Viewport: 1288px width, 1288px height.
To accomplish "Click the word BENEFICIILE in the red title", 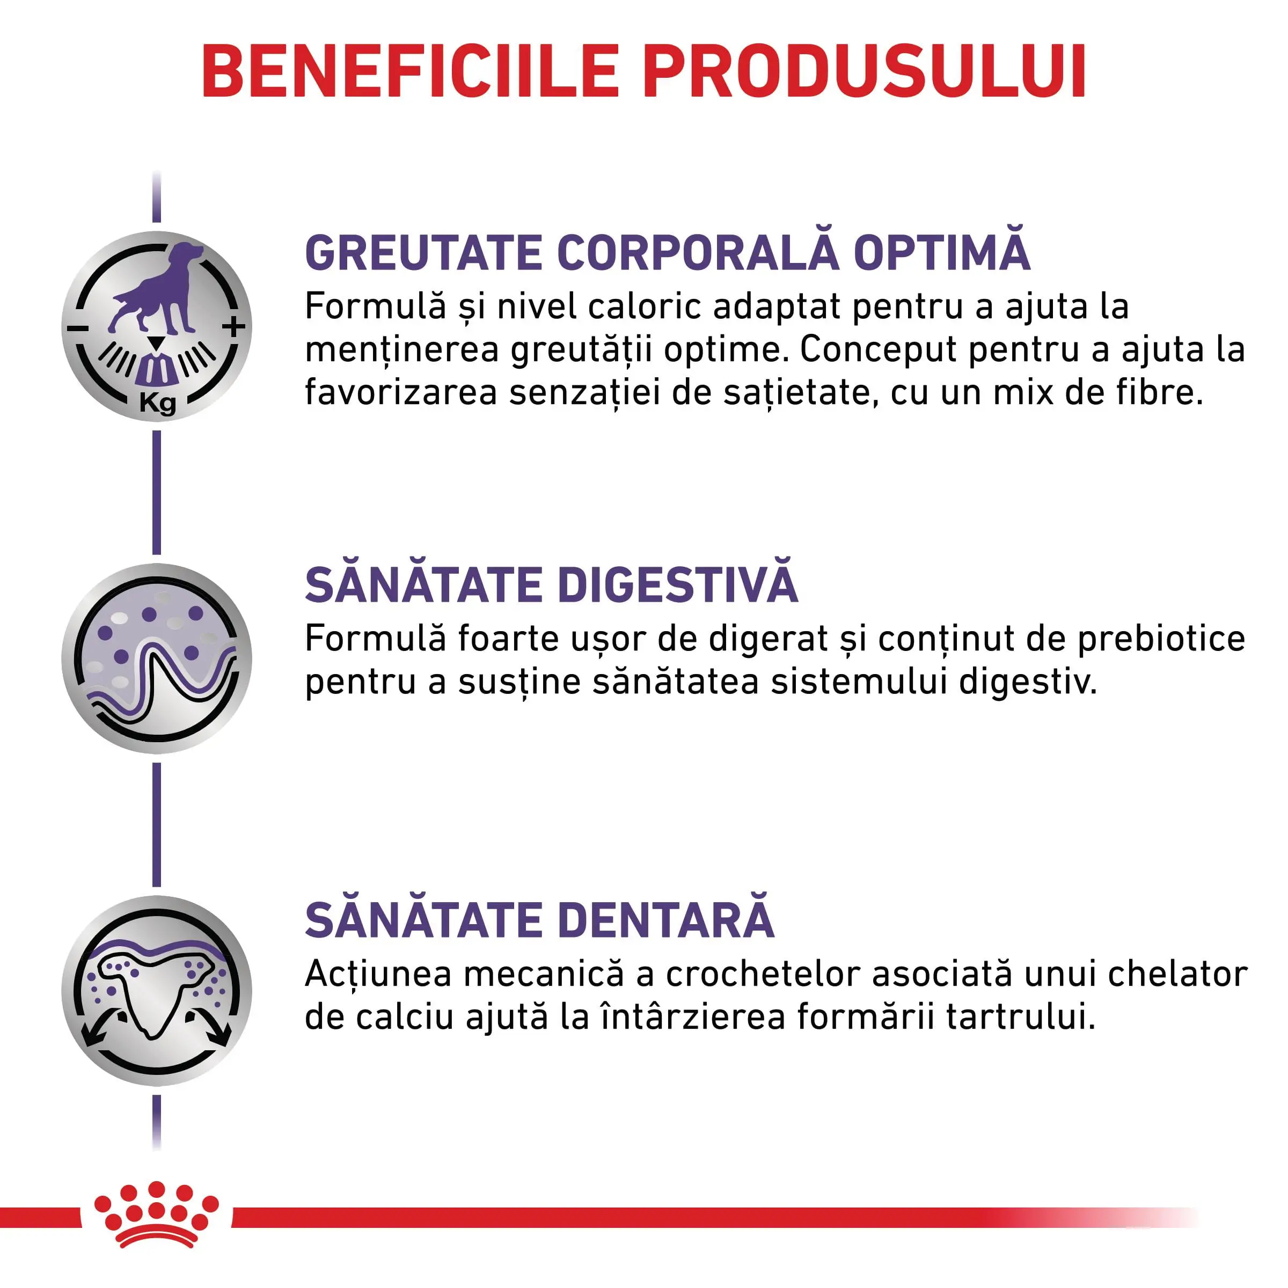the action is point(411,72).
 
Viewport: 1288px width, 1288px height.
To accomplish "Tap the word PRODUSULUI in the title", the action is point(865,72).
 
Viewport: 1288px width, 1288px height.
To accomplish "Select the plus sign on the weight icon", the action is point(233,327).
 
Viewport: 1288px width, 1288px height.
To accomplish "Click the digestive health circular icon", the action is point(157,658).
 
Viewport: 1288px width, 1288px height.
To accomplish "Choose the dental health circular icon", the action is point(157,991).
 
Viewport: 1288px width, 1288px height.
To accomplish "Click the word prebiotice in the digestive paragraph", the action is point(1161,639).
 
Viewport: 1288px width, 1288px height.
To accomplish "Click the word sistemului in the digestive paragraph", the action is point(859,682).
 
